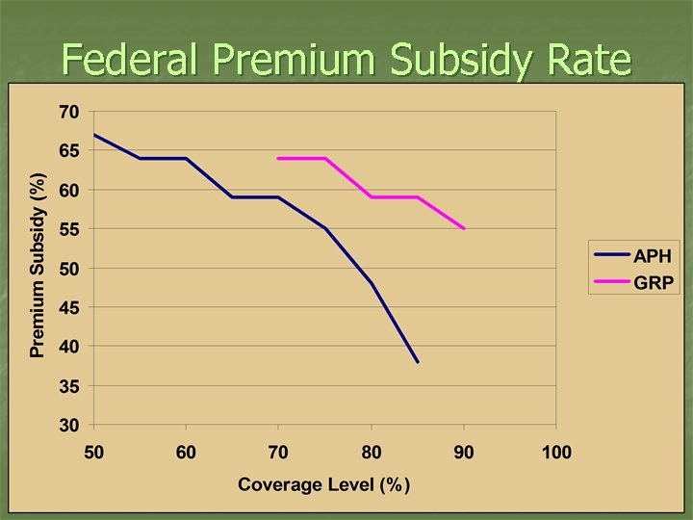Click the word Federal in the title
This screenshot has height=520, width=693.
131,60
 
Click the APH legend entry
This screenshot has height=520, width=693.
652,256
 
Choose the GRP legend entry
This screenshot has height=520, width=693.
652,284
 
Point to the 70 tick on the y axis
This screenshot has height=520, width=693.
68,112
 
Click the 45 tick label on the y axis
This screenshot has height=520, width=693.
68,307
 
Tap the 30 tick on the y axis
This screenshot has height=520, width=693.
68,425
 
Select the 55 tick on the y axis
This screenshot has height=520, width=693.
68,229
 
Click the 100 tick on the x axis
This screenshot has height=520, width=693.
556,452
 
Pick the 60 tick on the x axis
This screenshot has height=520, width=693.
186,452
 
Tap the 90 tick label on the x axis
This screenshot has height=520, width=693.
464,452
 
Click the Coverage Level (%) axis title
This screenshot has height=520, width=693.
324,483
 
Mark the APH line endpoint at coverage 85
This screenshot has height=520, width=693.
418,362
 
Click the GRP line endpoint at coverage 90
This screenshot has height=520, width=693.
464,228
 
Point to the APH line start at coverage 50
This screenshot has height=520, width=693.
93,135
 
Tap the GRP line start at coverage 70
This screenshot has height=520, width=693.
278,158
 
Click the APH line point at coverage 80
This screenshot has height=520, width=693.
372,283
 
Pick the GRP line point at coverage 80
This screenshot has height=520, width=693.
372,197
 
